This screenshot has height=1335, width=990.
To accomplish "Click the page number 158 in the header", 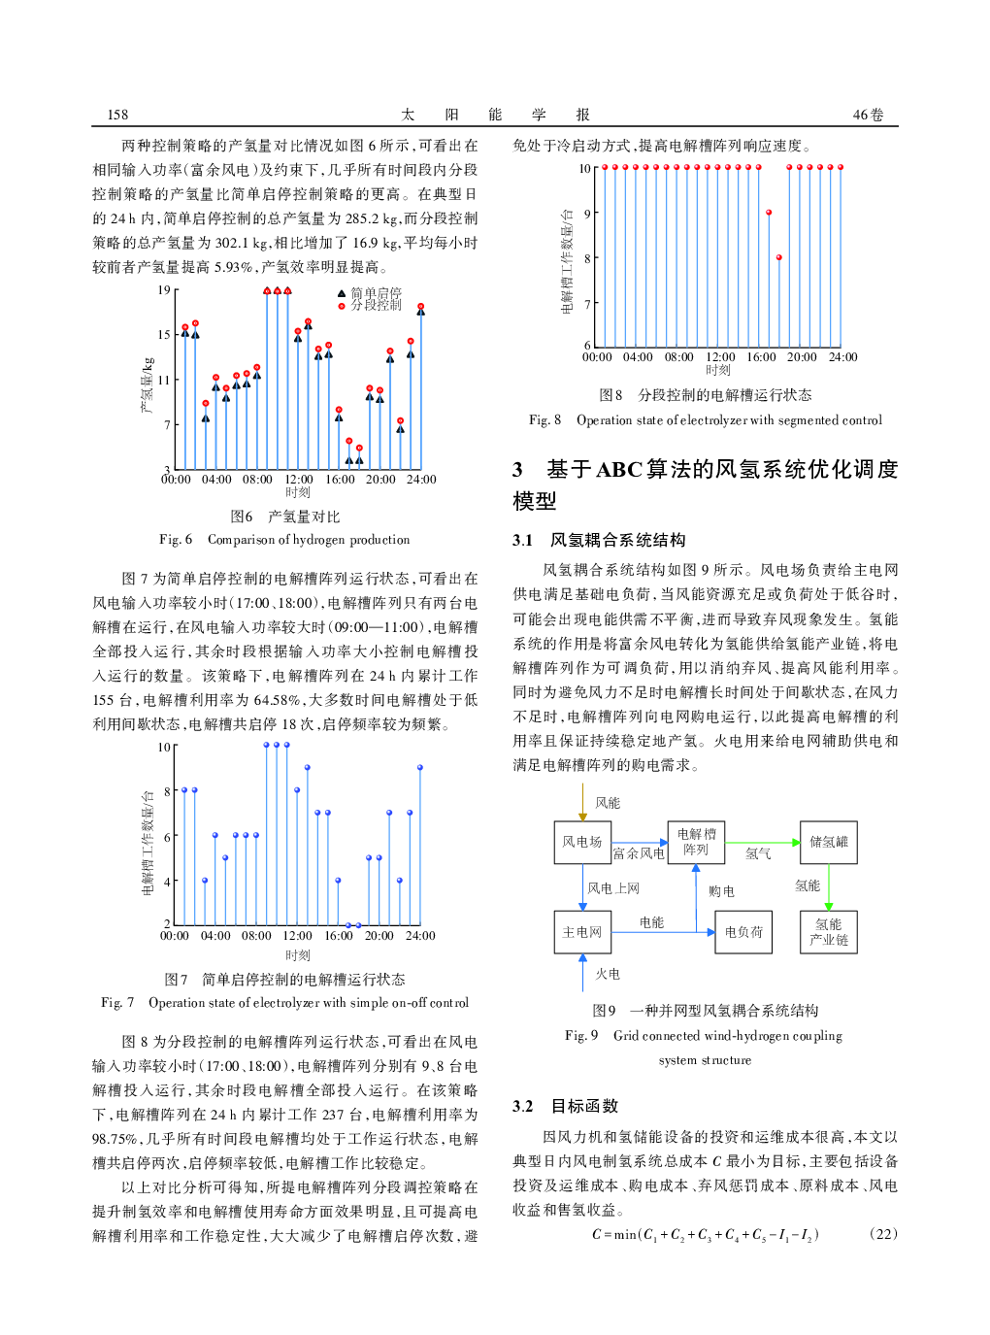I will pyautogui.click(x=117, y=115).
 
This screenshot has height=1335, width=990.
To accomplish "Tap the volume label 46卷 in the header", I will pyautogui.click(x=868, y=115).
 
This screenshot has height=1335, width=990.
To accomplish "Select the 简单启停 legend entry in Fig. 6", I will pyautogui.click(x=375, y=292).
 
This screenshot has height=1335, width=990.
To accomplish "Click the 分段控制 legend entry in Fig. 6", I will pyautogui.click(x=375, y=305).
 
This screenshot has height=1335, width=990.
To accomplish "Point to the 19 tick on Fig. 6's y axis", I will pyautogui.click(x=164, y=289).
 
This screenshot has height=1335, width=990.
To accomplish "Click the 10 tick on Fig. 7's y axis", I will pyautogui.click(x=164, y=747).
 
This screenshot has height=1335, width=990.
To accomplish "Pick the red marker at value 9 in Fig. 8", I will pyautogui.click(x=769, y=212).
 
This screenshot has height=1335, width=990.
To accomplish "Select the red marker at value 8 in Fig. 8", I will pyautogui.click(x=779, y=257).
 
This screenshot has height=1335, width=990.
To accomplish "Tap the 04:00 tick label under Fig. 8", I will pyautogui.click(x=638, y=357).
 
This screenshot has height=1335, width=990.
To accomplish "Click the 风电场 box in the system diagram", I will pyautogui.click(x=582, y=842).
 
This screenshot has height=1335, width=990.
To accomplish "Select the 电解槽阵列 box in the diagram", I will pyautogui.click(x=696, y=842).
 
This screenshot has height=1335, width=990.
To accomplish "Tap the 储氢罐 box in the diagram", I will pyautogui.click(x=829, y=842).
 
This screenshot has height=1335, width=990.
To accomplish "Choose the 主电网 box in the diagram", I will pyautogui.click(x=582, y=932).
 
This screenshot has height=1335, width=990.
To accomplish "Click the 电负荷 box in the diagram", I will pyautogui.click(x=743, y=932).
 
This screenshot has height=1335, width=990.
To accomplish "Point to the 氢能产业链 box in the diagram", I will pyautogui.click(x=829, y=932).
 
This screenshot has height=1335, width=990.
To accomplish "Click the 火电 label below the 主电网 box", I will pyautogui.click(x=608, y=974).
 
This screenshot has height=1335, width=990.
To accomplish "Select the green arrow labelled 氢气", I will pyautogui.click(x=762, y=843).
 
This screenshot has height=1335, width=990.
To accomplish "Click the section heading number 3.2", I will pyautogui.click(x=523, y=1106).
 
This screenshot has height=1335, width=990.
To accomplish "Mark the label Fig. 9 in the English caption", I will pyautogui.click(x=581, y=1036).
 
